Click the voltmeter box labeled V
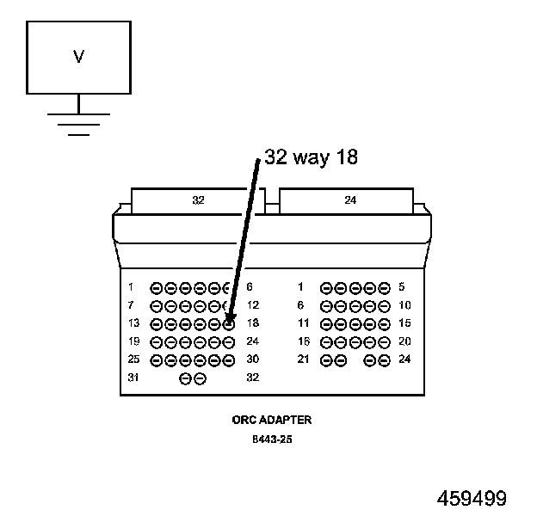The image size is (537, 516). tap(78, 58)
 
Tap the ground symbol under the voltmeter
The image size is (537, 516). tap(78, 124)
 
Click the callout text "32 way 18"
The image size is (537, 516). tap(311, 157)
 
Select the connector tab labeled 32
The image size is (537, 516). tap(198, 200)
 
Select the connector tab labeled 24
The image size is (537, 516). tap(349, 200)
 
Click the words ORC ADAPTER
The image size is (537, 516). tap(271, 421)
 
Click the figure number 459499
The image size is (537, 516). tap(472, 499)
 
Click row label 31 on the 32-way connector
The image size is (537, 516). tap(133, 378)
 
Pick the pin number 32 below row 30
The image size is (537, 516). tap(252, 378)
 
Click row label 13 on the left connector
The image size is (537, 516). tap(133, 323)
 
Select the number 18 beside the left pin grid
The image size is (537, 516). tap(252, 323)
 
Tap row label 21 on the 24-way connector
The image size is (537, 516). tap(303, 359)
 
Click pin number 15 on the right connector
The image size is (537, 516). tap(404, 323)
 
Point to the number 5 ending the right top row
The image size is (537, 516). tap(401, 287)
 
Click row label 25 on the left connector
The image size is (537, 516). tap(133, 359)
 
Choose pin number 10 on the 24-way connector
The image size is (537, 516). tap(404, 305)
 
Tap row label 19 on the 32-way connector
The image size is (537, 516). tap(133, 341)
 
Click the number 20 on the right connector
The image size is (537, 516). tap(404, 341)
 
